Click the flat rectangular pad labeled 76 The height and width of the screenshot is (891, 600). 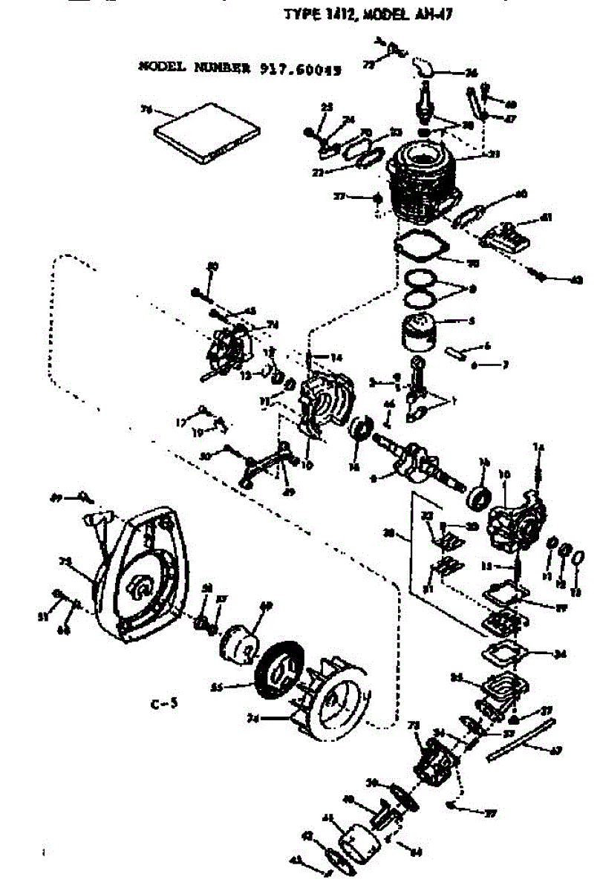207,134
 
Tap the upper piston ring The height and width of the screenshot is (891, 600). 421,278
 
